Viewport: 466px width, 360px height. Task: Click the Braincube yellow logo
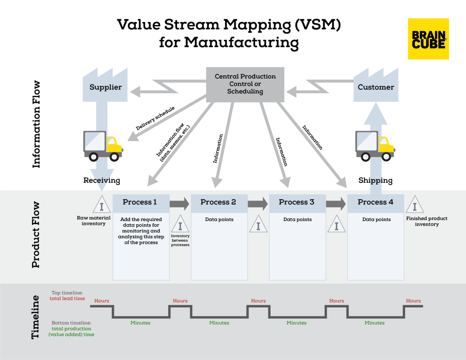[x=428, y=39]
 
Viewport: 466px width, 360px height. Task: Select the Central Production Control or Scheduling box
[x=245, y=84]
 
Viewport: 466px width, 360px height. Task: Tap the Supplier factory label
[x=106, y=87]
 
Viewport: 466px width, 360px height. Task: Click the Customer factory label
[x=376, y=87]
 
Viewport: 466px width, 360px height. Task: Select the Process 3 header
[x=297, y=202]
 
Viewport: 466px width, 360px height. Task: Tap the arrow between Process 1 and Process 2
[x=180, y=204]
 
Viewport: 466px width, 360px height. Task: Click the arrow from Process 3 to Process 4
[x=336, y=204]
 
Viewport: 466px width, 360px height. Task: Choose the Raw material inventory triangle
[x=102, y=205]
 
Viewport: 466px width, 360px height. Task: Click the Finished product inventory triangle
[x=414, y=205]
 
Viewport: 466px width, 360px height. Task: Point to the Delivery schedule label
[x=155, y=118]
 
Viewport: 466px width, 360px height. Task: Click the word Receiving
[x=102, y=180]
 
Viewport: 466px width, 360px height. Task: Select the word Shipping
[x=375, y=181]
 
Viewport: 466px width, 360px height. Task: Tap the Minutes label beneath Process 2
[x=219, y=323]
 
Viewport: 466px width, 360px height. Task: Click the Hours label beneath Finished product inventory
[x=413, y=301]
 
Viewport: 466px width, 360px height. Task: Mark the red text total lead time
[x=67, y=299]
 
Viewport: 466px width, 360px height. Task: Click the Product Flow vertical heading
[x=36, y=235]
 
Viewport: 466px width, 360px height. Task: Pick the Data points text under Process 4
[x=376, y=220]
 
